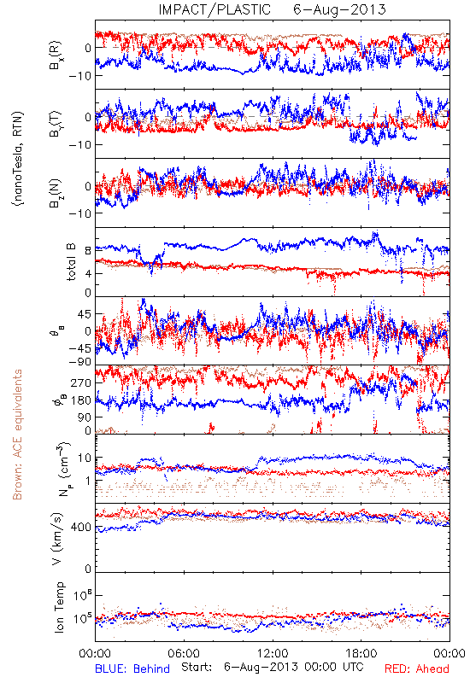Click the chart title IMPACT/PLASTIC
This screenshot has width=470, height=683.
(214, 9)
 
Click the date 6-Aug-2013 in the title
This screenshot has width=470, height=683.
(339, 9)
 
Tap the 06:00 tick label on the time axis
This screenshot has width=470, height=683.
(184, 653)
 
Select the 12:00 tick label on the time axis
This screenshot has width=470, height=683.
(273, 653)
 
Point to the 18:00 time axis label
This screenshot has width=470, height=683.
(361, 653)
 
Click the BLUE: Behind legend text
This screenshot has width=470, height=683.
(132, 668)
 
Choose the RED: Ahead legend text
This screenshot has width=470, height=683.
(417, 668)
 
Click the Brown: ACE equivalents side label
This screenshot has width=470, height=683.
(17, 435)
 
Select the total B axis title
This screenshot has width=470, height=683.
(71, 262)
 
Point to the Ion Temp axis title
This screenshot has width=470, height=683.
(59, 607)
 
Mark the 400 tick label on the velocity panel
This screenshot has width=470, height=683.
(81, 527)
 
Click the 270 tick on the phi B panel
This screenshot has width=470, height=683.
(81, 382)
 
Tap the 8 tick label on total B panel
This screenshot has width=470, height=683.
(88, 250)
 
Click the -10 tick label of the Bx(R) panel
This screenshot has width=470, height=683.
(79, 75)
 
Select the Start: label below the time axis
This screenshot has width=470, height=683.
(197, 667)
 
